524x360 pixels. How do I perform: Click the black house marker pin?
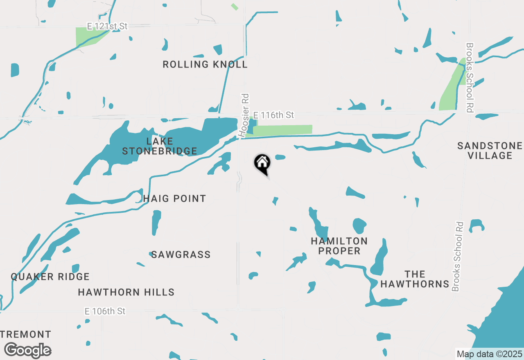point(262,164)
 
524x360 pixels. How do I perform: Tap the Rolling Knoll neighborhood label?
point(205,65)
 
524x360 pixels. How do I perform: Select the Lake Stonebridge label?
point(160,146)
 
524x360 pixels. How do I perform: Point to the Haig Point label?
point(174,199)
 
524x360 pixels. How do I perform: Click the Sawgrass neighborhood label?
point(181,255)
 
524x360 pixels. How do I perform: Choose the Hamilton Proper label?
point(339,246)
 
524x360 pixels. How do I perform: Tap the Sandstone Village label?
point(490,151)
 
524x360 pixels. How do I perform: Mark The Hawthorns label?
point(415,279)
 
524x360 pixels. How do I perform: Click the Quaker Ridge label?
point(50,277)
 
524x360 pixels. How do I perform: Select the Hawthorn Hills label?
point(126,292)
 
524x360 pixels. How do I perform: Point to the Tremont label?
point(26,335)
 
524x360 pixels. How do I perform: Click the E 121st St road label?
point(107,26)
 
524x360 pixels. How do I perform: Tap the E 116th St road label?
point(273,115)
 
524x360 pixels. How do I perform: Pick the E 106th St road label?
point(105,311)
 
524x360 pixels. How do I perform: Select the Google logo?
point(27,350)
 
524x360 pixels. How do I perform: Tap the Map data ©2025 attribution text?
point(489,354)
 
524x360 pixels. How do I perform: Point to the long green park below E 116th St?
point(282,130)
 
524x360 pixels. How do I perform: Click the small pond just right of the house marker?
point(280,157)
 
